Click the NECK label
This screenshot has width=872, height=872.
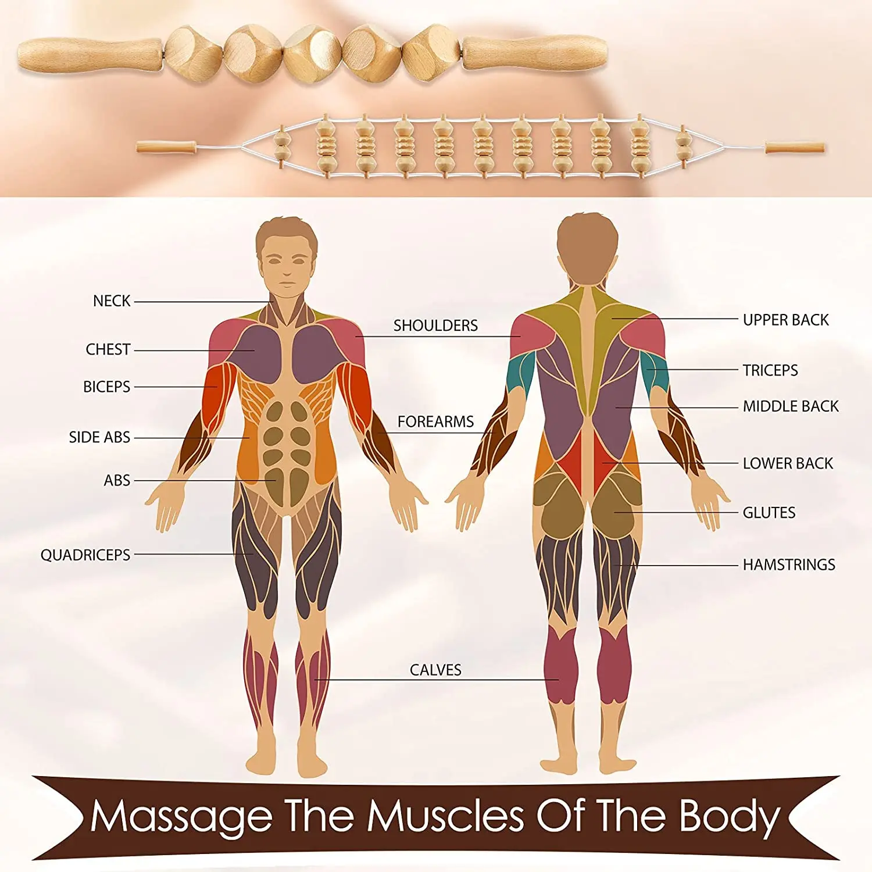click(112, 301)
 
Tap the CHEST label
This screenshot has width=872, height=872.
click(108, 349)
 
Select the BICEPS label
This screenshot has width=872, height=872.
click(106, 387)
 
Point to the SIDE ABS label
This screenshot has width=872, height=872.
click(99, 437)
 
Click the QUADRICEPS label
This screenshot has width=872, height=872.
click(85, 555)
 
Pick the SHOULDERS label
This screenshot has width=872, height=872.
click(435, 326)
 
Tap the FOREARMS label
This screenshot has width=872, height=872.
click(435, 421)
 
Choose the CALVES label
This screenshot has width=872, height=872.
click(435, 670)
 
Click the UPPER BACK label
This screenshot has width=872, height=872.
click(785, 320)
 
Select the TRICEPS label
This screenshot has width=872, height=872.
click(770, 370)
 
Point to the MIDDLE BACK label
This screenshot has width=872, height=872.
click(791, 406)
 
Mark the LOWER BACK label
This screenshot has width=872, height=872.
click(788, 463)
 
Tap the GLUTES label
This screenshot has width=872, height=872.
click(769, 513)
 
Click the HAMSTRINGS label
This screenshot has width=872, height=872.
click(789, 564)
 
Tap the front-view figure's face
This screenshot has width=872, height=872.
click(286, 270)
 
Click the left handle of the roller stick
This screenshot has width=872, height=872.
click(90, 55)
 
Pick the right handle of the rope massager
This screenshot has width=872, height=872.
click(795, 147)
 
